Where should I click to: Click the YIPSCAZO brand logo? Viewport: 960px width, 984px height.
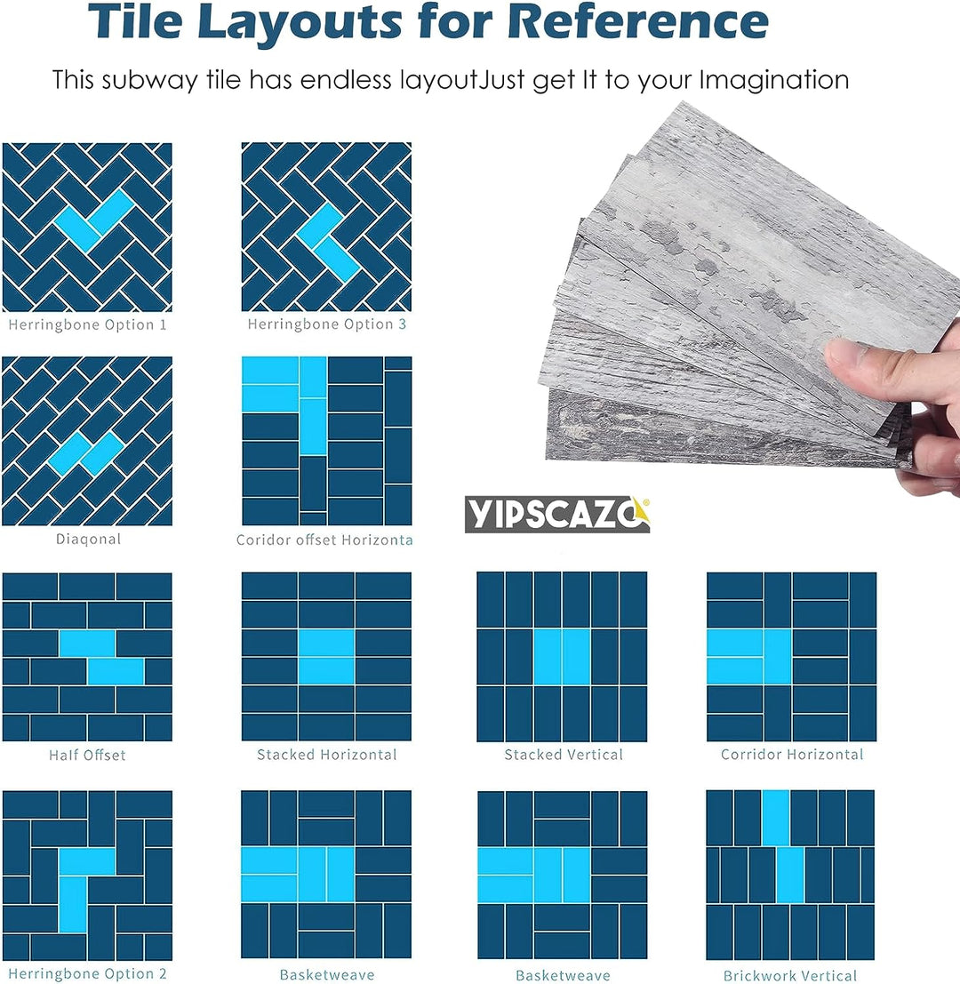556,515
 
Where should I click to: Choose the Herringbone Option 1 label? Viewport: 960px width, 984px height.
87,324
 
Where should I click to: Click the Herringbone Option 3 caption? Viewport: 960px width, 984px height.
326,324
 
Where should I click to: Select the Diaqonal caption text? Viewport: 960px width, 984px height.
87,539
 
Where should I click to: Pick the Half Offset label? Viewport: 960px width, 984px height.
87,755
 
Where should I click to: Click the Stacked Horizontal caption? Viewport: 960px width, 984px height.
326,755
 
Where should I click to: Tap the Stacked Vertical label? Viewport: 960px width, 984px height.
563,755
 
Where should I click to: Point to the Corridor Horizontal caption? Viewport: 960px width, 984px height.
791,755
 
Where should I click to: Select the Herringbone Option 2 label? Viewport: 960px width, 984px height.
87,973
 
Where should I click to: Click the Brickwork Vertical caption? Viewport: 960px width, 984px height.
789,975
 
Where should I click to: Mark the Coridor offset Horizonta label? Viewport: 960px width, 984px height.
324,540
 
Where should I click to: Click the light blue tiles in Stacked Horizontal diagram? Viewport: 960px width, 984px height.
326,656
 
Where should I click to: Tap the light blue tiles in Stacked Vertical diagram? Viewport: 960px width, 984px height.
562,656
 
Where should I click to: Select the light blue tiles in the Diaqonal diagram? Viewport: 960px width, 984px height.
86,453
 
